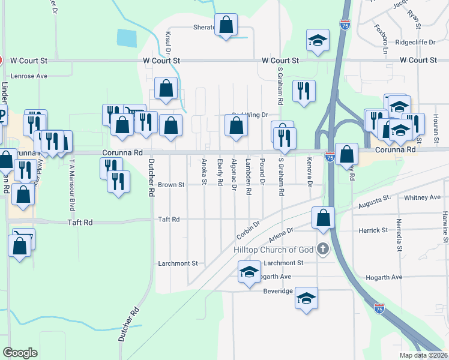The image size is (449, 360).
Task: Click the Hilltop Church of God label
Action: click(x=274, y=249)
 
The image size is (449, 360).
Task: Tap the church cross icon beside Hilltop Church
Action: click(x=323, y=248)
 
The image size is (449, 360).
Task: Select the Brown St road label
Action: click(x=172, y=185)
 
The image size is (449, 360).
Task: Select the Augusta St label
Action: click(x=375, y=200)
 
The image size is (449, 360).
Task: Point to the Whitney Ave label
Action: click(x=423, y=197)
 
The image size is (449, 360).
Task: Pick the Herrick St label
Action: click(x=373, y=230)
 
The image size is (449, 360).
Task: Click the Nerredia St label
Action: click(x=399, y=234)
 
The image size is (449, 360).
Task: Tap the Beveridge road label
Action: click(x=278, y=291)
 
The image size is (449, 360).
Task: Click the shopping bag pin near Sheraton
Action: click(x=226, y=26)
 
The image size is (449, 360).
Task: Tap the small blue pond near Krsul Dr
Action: click(x=126, y=38)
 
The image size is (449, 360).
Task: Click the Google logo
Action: click(x=20, y=352)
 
